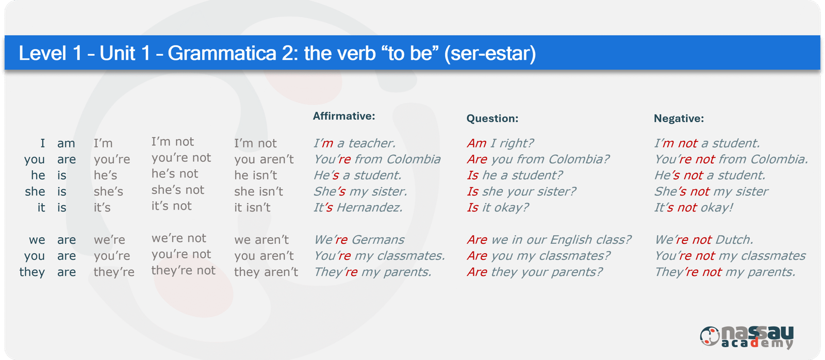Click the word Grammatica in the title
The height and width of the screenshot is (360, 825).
222,54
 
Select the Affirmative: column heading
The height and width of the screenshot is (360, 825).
344,116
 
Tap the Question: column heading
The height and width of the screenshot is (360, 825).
492,118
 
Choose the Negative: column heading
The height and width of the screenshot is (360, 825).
679,118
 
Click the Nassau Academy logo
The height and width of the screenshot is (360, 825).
747,337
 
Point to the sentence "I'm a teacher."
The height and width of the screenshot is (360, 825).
354,143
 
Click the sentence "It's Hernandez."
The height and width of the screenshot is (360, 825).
358,207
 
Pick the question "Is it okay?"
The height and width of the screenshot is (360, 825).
498,207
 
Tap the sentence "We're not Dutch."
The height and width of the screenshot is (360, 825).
704,239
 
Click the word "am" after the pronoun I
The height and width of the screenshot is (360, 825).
67,143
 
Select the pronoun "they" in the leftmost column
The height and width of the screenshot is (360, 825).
32,272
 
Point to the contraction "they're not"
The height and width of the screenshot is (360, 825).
184,270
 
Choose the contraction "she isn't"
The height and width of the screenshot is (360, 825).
258,191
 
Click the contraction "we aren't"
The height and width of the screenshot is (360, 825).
261,240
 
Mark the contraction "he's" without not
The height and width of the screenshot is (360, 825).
105,175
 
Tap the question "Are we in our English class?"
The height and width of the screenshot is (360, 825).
549,239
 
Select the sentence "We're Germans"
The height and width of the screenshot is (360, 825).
359,240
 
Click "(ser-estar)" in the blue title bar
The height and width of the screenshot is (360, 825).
490,54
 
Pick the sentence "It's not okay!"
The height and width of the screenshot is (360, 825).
694,207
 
